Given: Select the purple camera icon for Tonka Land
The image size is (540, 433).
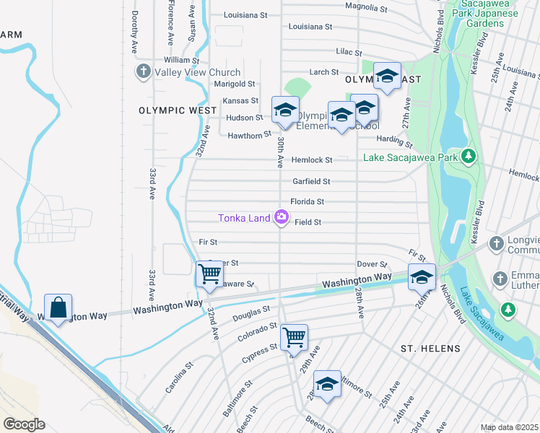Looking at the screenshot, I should pyautogui.click(x=281, y=217).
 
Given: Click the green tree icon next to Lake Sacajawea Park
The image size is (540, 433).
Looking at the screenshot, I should pyautogui.click(x=469, y=157).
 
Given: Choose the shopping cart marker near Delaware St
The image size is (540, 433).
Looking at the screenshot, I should pyautogui.click(x=209, y=274).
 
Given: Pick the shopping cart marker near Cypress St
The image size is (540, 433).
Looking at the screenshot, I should pyautogui.click(x=294, y=336).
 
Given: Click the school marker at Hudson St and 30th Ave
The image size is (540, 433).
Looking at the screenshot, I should pyautogui.click(x=285, y=110).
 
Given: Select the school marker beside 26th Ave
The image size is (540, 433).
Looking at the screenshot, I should pyautogui.click(x=422, y=276).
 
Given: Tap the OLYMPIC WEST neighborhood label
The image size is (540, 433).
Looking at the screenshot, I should pyautogui.click(x=178, y=110).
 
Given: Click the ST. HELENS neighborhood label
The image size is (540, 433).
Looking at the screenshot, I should pyautogui.click(x=430, y=349).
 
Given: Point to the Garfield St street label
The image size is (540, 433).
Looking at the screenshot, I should pyautogui.click(x=311, y=182).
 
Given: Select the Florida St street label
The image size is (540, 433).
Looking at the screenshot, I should pyautogui.click(x=307, y=202).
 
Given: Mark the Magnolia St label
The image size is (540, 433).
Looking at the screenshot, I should pyautogui.click(x=366, y=7).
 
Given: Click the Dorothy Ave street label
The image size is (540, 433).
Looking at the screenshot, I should pyautogui.click(x=135, y=32).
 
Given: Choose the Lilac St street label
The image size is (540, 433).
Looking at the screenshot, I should pyautogui.click(x=352, y=52).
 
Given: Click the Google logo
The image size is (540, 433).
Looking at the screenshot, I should pyautogui.click(x=24, y=424).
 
